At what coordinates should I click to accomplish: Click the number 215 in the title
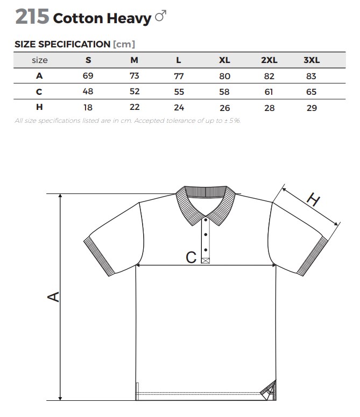32,17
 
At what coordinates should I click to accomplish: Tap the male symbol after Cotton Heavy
161,16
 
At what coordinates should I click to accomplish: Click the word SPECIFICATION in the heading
74,44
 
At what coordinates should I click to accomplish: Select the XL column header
224,60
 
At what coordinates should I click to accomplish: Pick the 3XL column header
312,60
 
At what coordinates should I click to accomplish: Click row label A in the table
39,76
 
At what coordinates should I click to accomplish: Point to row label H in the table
39,107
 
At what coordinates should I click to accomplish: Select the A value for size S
88,76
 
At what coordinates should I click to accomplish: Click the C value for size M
135,91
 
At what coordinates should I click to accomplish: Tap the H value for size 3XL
312,108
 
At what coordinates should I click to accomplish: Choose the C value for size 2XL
269,92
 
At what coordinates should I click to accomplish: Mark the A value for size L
179,77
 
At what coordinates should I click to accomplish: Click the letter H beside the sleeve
314,199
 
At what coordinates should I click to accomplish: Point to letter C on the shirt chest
191,258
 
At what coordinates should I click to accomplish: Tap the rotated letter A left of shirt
53,297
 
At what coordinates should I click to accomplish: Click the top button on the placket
206,220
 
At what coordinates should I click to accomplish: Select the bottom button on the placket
206,250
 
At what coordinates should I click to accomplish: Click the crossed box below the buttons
206,260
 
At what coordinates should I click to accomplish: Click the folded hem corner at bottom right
269,391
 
